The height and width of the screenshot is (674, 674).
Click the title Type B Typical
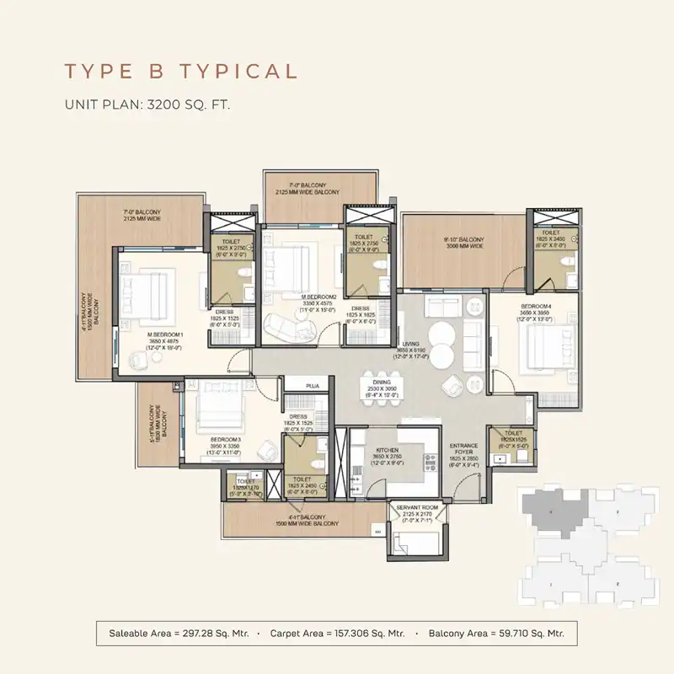click(x=181, y=71)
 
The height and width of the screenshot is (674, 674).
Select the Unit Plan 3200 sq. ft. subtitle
click(x=147, y=105)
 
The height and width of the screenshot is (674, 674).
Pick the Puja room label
click(x=313, y=385)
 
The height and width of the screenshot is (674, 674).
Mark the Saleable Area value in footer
click(x=183, y=632)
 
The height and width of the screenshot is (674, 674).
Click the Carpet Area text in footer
click(x=337, y=632)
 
